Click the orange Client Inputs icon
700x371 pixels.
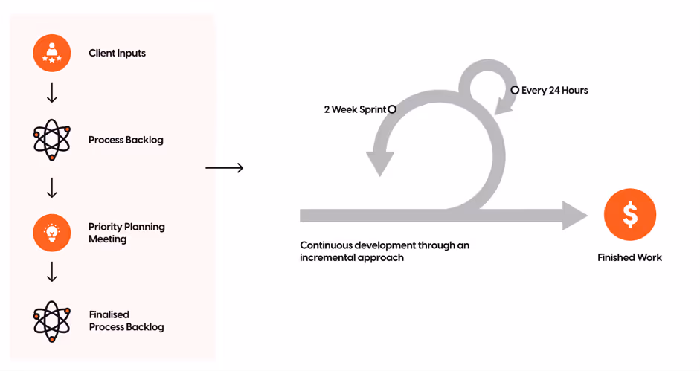51,54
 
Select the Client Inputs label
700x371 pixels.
117,54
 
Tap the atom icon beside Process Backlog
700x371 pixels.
51,140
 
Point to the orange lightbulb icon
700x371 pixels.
51,233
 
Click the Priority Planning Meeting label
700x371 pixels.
126,233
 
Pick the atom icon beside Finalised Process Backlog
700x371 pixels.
51,321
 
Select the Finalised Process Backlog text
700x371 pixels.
126,321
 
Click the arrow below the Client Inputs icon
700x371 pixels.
51,94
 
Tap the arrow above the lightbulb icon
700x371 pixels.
51,188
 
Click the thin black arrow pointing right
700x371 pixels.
224,168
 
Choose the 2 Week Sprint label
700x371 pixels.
355,109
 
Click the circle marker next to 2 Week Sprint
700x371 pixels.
392,109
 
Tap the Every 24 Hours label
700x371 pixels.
554,91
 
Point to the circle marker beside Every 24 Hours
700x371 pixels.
515,90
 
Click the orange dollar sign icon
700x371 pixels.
630,215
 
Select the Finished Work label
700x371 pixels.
629,257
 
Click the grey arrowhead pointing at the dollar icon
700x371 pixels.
574,216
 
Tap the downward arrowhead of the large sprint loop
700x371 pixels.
379,163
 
